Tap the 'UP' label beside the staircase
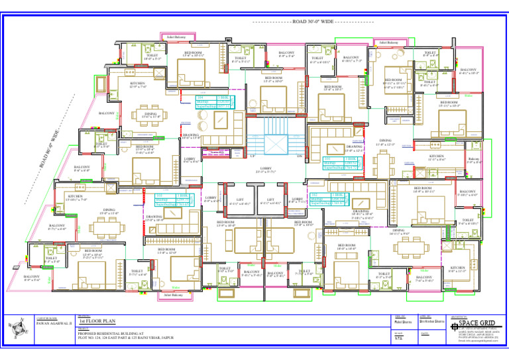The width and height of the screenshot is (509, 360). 235,156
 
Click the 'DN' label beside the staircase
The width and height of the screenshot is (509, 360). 300,156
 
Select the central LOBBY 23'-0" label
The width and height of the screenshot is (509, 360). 266,170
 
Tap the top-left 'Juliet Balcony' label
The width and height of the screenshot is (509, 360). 176,37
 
